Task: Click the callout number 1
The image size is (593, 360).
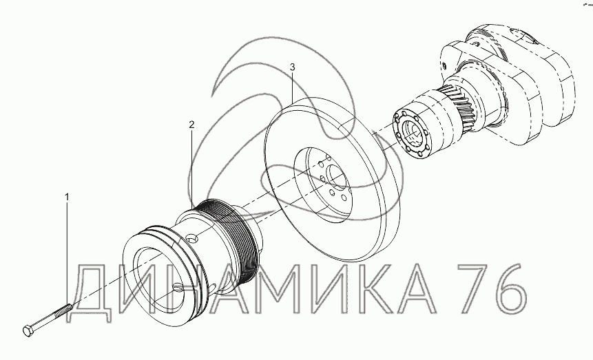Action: coord(67,197)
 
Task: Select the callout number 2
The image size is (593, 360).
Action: coord(191,124)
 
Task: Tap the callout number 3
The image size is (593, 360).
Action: coord(292,67)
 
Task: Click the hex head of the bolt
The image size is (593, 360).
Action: coord(28,330)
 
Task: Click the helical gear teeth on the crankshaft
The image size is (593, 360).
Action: coord(459,107)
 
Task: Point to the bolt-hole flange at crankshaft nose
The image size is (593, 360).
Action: coord(413,135)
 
